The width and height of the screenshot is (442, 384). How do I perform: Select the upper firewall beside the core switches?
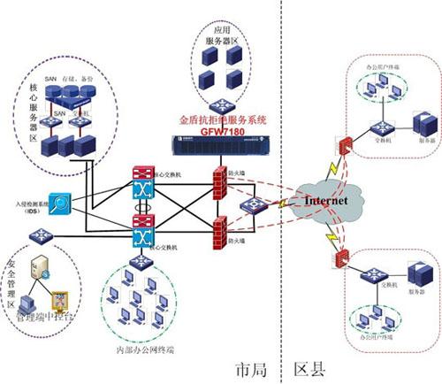pos(219,176)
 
